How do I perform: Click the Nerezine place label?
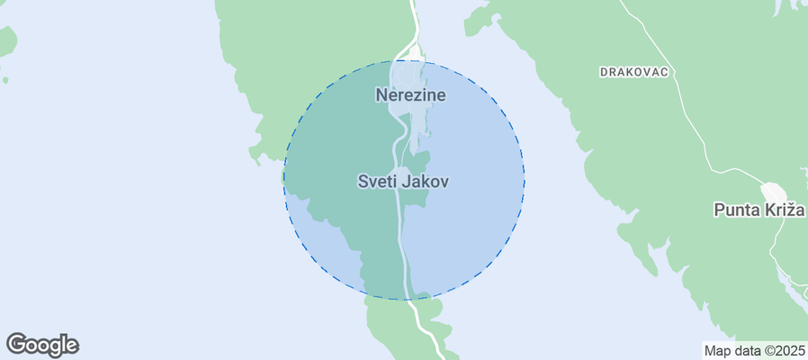pyautogui.click(x=410, y=94)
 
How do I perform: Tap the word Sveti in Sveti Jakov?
pyautogui.click(x=377, y=181)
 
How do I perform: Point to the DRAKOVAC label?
pyautogui.click(x=635, y=72)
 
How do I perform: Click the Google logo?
pyautogui.click(x=42, y=345)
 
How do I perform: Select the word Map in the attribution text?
pyautogui.click(x=717, y=351)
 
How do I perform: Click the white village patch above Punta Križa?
pyautogui.click(x=773, y=193)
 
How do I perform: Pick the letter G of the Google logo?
pyautogui.click(x=16, y=344)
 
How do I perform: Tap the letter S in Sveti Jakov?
pyautogui.click(x=364, y=181)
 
